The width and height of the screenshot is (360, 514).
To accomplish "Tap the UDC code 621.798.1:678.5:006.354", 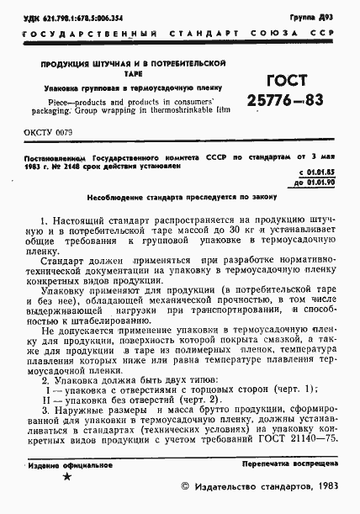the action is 74,18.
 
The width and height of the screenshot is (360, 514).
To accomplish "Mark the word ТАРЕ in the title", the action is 119,73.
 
